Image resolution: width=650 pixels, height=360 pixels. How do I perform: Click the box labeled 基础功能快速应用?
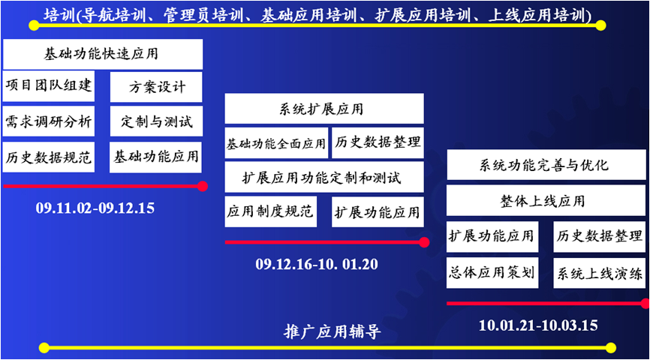[x=103, y=54]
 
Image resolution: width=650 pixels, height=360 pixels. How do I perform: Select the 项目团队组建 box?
[x=49, y=86]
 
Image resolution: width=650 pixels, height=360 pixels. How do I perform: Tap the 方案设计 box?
[x=156, y=87]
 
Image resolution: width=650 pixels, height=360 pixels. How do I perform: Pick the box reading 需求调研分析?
[x=49, y=121]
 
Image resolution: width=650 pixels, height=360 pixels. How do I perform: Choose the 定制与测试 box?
[x=156, y=121]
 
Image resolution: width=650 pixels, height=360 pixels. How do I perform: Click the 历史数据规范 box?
[x=49, y=157]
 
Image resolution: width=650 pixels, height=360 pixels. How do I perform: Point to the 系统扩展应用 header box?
[x=324, y=109]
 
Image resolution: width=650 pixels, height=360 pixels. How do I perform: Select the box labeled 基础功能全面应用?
[x=276, y=143]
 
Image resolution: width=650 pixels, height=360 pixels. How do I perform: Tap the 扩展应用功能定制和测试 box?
[x=324, y=177]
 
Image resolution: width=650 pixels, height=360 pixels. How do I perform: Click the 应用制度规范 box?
[x=271, y=211]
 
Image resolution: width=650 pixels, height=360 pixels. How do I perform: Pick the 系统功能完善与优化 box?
[x=546, y=165]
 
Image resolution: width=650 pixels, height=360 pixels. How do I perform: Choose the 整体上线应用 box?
[x=546, y=200]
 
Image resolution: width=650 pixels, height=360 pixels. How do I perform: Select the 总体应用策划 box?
[x=492, y=272]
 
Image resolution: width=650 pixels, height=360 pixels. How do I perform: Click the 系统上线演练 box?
[x=600, y=272]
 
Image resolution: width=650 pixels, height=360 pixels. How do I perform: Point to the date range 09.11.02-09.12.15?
[x=95, y=208]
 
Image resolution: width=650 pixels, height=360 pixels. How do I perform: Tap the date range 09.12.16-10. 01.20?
[x=317, y=264]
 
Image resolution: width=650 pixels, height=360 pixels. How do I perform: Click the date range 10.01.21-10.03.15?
[x=538, y=325]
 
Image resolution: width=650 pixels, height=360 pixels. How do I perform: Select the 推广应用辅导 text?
[x=332, y=331]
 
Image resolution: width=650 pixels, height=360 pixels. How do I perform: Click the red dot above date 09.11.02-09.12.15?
[x=203, y=187]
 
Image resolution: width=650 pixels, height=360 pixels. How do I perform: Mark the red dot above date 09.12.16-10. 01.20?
[x=424, y=242]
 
